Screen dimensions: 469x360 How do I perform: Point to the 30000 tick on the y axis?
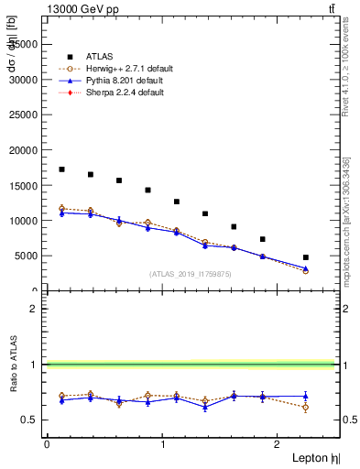[x=26, y=80]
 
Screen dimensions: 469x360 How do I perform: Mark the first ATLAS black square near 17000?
[x=61, y=169]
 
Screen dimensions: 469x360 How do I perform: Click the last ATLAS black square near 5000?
[x=305, y=257]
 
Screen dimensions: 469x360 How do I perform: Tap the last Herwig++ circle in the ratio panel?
[x=305, y=407]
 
